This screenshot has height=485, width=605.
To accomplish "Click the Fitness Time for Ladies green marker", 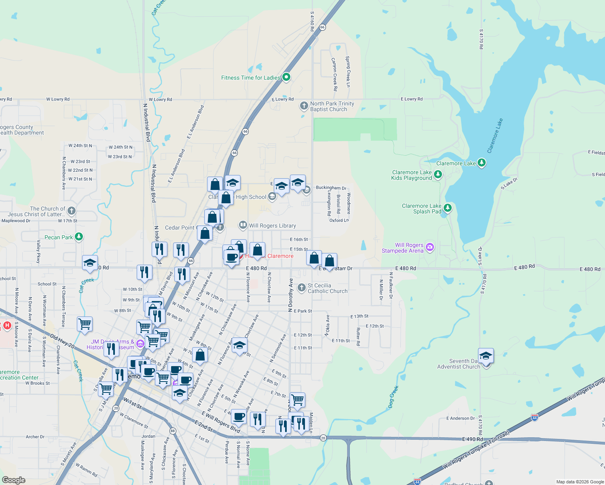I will click(x=286, y=77).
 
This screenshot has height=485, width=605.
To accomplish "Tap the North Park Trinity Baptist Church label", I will click(x=332, y=107).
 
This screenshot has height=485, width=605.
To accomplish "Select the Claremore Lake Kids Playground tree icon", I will click(x=438, y=175).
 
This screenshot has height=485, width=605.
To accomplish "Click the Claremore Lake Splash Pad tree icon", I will click(x=448, y=208).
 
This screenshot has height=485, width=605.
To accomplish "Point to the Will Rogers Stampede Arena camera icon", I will click(x=430, y=247).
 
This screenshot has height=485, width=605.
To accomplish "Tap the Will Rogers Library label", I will click(x=272, y=226).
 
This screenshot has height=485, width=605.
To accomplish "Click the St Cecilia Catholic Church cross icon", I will click(x=301, y=288).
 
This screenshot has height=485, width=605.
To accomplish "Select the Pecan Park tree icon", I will click(x=79, y=237).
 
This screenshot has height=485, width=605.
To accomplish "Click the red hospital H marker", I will click(x=7, y=325).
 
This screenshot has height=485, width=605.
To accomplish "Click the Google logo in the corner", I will click(x=14, y=480).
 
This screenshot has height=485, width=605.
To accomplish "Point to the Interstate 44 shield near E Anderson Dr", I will click(x=535, y=417).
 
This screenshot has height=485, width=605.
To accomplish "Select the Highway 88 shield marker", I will click(x=173, y=431).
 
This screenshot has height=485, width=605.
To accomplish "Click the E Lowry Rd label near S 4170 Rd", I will click(x=411, y=99).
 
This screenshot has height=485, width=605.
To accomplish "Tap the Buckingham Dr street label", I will click(x=331, y=188).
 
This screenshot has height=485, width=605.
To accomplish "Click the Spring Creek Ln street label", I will click(x=348, y=72).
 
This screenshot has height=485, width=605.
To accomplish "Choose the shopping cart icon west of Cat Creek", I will click(x=85, y=324).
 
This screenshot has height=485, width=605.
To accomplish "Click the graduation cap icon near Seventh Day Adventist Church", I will click(x=486, y=356).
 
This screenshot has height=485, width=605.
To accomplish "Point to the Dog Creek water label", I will click(x=393, y=397).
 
